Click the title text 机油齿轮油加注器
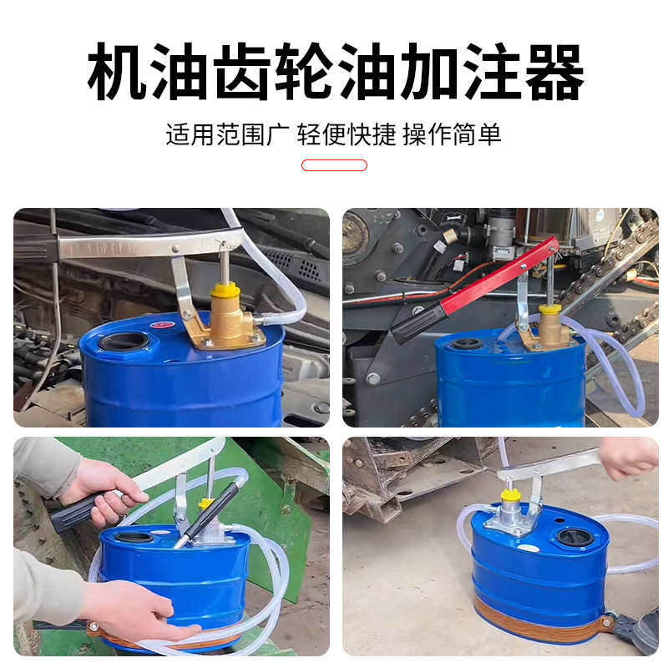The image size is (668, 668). coord(334,73)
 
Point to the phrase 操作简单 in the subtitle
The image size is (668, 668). coord(452,134)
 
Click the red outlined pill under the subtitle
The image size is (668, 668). coord(334,165)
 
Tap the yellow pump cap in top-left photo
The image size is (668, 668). coord(225,290)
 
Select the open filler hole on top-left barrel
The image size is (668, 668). coord(124,341)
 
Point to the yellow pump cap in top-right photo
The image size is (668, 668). coord(549,310)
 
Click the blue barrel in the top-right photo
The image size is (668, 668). coord(509,384)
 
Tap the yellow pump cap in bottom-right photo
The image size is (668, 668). coord(510,495)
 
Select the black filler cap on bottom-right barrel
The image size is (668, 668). coord(574,537)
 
